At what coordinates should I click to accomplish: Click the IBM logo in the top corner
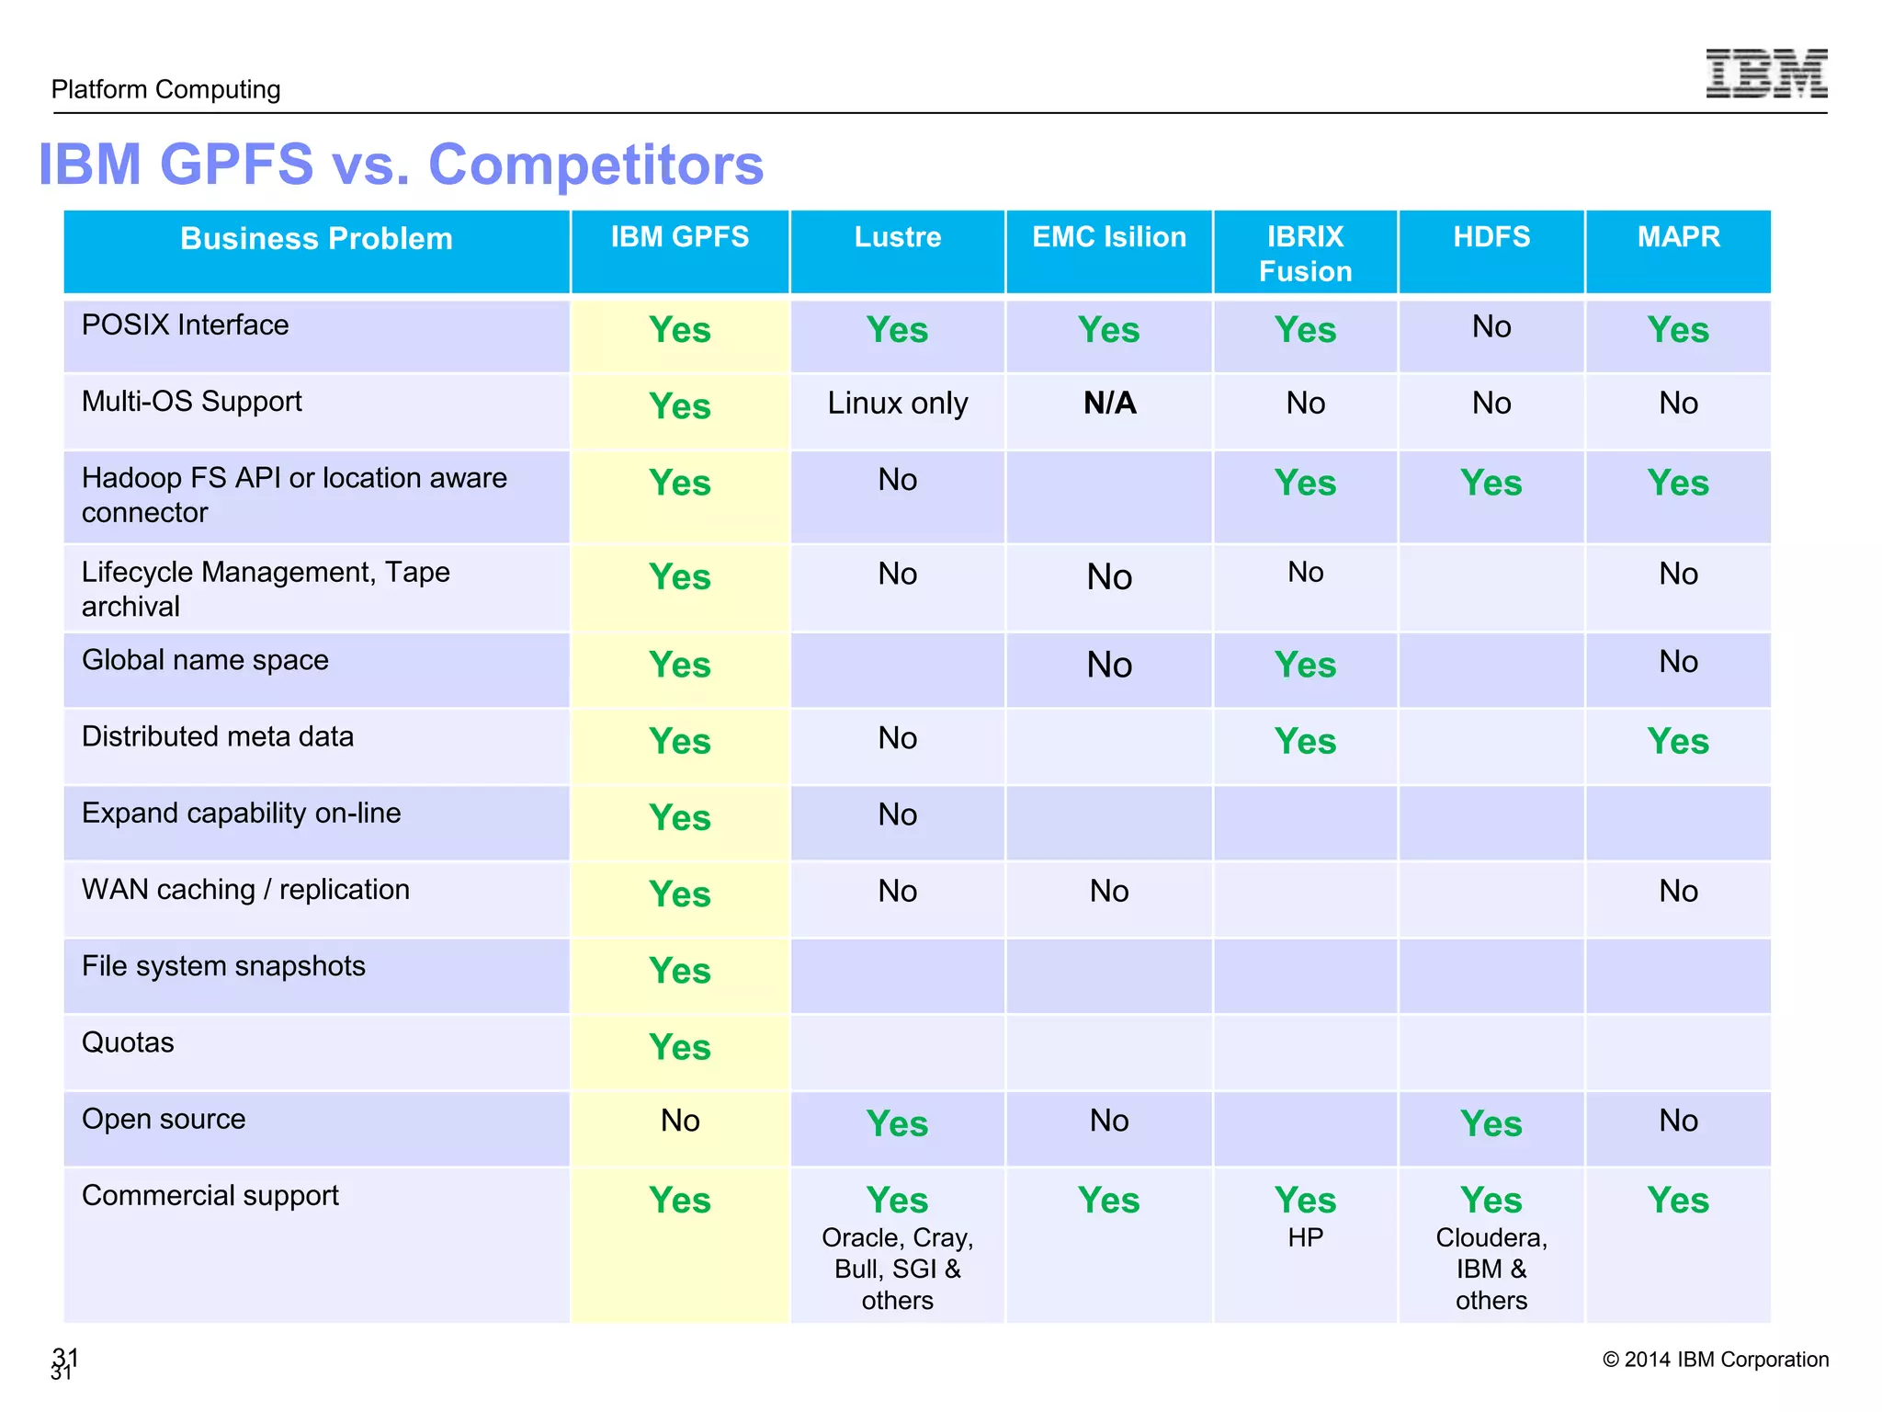(1765, 74)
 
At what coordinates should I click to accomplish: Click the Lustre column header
(897, 237)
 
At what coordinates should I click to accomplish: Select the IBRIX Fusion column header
(1305, 254)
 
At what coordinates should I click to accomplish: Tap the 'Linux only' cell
(897, 404)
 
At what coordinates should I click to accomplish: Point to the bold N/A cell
(1109, 404)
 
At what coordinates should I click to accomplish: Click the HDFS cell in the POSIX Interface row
(1491, 327)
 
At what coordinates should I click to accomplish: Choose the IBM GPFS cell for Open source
(680, 1121)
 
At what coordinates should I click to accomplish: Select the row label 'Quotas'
(128, 1042)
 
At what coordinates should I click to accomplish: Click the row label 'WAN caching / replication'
(245, 890)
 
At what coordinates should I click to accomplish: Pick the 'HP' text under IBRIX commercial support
(1305, 1238)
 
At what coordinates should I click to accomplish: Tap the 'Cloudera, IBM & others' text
(1491, 1270)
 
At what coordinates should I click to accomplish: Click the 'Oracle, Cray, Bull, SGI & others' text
(897, 1270)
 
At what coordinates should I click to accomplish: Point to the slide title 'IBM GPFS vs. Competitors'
(401, 165)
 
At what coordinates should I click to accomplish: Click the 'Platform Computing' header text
(166, 89)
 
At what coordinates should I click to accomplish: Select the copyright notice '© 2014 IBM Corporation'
(1715, 1360)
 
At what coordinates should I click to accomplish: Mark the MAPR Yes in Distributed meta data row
(1677, 742)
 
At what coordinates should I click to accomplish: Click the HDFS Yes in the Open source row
(1491, 1124)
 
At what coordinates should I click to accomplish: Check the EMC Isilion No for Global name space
(1109, 665)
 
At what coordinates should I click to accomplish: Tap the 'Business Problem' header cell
(316, 239)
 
